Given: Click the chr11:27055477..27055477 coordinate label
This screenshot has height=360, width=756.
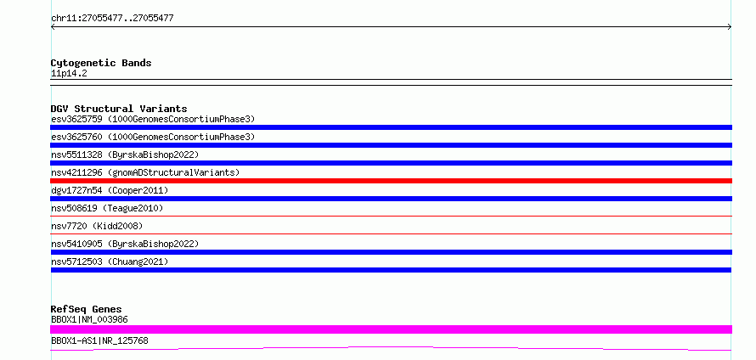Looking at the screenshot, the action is click(112, 19).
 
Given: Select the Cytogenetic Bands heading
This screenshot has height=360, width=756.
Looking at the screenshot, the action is click(101, 63).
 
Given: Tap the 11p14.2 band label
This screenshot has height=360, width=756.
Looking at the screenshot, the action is click(69, 74).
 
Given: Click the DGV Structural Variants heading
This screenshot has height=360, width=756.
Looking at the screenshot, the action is click(119, 109).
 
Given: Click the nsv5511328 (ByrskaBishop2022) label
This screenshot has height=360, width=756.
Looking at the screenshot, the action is click(125, 155).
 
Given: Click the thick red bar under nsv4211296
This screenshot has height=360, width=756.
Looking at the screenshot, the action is click(391, 181).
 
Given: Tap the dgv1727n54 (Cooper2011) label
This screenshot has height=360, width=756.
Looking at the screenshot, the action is click(110, 190).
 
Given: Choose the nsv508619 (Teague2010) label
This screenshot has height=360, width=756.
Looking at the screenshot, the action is click(107, 208).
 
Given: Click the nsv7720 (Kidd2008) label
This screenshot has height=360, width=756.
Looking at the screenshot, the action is click(97, 226).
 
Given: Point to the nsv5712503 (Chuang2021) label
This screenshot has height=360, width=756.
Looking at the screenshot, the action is click(110, 262).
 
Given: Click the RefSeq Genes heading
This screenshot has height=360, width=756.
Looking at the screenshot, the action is click(87, 309).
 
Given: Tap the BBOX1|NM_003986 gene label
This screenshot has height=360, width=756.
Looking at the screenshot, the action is click(89, 319).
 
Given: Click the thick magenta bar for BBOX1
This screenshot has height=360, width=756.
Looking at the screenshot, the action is click(391, 329).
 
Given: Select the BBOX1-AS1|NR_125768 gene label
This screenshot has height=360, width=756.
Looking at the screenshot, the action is click(99, 340).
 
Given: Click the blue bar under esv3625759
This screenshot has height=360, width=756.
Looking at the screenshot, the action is click(391, 127).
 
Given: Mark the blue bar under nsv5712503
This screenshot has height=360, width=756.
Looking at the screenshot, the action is click(391, 270).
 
